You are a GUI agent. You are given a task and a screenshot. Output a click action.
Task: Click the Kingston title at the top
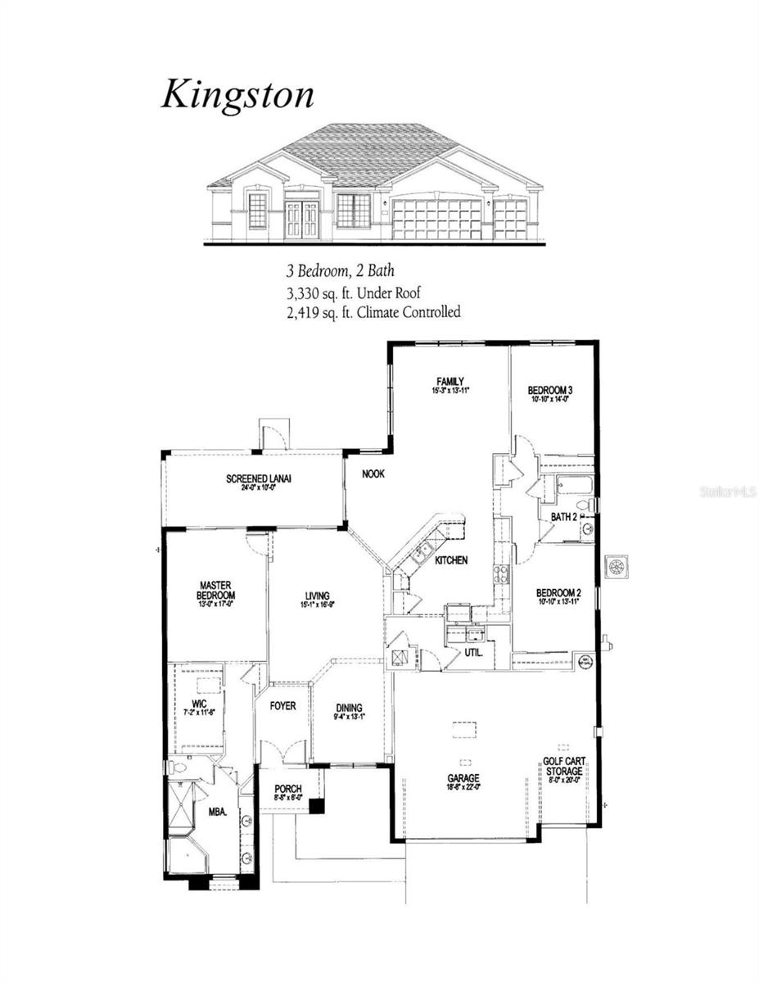coord(237,94)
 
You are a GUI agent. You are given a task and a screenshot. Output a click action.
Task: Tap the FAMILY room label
coord(450,382)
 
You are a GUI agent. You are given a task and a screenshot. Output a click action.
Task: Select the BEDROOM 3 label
coord(549,391)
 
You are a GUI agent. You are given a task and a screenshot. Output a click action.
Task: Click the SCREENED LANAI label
coord(260,479)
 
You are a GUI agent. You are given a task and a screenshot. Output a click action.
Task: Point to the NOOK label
coord(373,474)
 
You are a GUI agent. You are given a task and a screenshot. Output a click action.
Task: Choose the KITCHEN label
coord(451,560)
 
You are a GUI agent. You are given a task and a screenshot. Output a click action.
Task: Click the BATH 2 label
coord(564,517)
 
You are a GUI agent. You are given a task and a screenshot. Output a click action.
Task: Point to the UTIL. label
coord(474,654)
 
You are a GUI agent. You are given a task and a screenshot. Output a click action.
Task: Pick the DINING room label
coord(349,709)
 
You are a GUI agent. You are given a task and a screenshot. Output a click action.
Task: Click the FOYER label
coord(282,705)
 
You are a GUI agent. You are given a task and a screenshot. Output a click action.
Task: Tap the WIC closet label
coord(198,703)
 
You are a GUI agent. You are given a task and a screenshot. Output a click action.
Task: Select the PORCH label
coord(287,789)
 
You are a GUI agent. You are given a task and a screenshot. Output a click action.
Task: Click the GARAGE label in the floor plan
coord(463,778)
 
